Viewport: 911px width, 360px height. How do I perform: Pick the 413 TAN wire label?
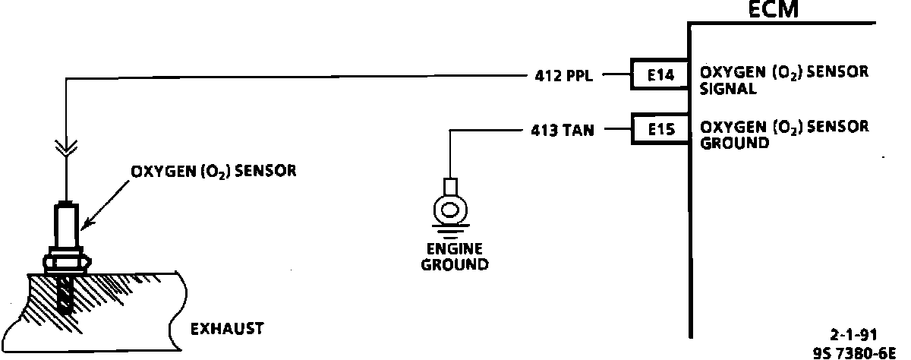click(563, 131)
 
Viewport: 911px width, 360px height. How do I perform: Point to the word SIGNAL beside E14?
click(727, 88)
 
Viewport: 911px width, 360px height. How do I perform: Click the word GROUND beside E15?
click(733, 143)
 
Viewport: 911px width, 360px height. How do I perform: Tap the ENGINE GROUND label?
click(455, 257)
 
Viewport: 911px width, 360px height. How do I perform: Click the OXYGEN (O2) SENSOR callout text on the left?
click(213, 171)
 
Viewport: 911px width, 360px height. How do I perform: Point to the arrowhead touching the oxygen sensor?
click(86, 224)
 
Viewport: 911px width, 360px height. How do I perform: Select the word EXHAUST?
click(226, 329)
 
